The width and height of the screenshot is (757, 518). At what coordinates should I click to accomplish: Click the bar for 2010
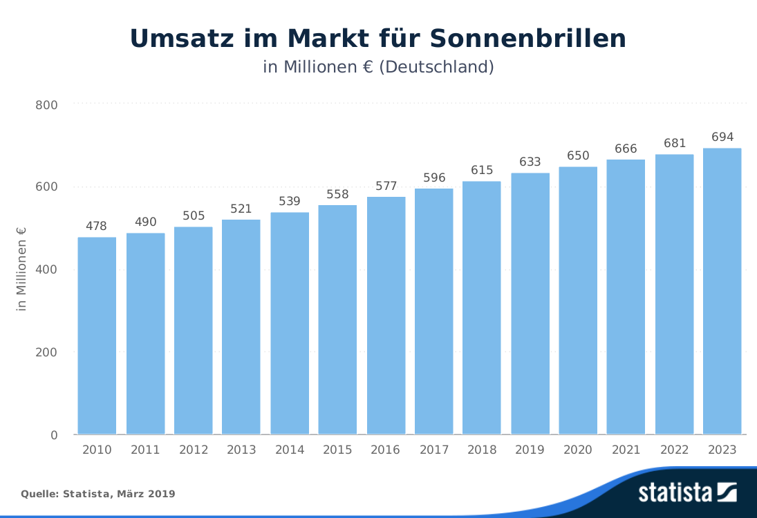97,336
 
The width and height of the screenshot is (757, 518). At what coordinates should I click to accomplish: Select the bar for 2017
433,311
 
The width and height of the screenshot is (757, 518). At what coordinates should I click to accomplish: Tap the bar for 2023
722,291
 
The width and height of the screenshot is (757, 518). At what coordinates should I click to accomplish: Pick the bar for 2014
289,323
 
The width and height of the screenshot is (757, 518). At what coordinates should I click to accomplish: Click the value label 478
97,226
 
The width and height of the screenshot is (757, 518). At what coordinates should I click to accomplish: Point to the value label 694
722,137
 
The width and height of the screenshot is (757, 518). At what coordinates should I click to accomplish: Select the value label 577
386,186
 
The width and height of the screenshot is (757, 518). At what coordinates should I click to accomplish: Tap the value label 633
530,162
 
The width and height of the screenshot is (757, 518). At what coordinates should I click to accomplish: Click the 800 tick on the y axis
46,105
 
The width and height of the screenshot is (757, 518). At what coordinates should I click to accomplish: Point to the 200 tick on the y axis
46,352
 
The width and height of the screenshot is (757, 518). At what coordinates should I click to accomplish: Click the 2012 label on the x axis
194,450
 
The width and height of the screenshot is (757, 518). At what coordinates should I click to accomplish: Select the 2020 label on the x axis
578,450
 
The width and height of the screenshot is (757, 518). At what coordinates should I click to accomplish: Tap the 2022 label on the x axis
674,450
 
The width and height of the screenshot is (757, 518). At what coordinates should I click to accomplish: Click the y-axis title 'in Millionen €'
21,269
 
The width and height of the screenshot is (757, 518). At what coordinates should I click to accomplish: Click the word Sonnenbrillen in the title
528,39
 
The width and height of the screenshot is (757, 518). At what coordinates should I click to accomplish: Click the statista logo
687,492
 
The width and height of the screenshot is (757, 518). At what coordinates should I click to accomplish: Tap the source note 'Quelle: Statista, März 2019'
97,494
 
